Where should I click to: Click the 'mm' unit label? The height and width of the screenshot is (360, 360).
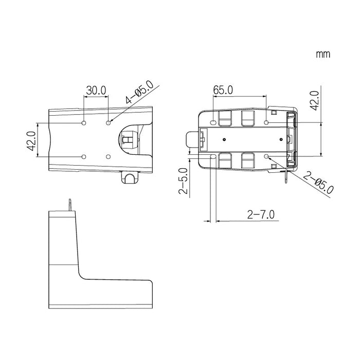pyautogui.click(x=323, y=55)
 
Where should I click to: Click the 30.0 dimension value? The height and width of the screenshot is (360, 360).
pyautogui.click(x=96, y=90)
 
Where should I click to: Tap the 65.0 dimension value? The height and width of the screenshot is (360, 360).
pyautogui.click(x=223, y=90)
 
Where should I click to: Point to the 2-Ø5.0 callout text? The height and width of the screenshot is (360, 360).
pyautogui.click(x=318, y=183)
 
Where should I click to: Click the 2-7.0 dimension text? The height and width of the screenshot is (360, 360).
pyautogui.click(x=261, y=214)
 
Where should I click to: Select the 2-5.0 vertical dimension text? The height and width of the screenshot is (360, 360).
pyautogui.click(x=183, y=181)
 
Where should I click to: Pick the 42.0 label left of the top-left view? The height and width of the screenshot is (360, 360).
pyautogui.click(x=31, y=141)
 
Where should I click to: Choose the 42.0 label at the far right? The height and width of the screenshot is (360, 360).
pyautogui.click(x=315, y=101)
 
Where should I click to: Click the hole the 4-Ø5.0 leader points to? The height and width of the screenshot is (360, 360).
pyautogui.click(x=109, y=123)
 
